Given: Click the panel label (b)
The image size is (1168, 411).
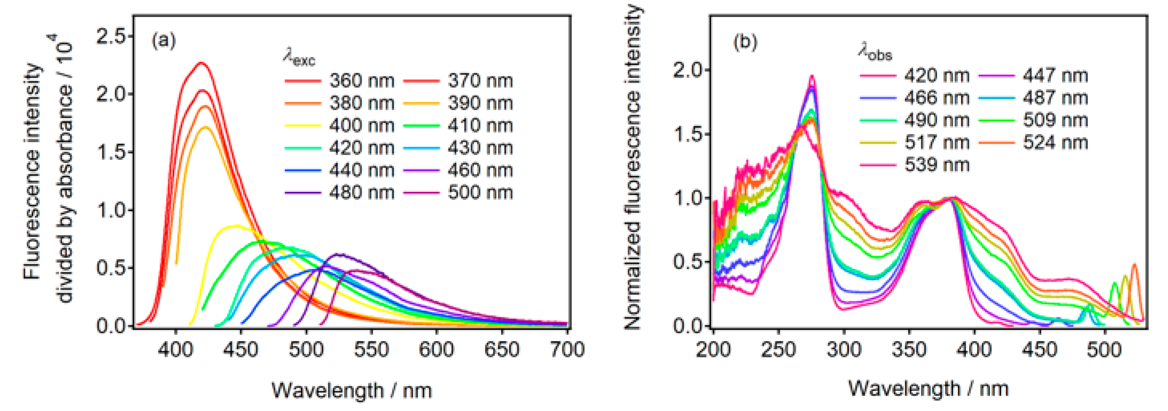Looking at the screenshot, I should pyautogui.click(x=745, y=42).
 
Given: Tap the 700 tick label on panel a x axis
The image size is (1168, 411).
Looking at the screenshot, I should pyautogui.click(x=567, y=349).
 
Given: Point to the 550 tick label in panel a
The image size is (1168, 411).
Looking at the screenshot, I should pyautogui.click(x=371, y=349).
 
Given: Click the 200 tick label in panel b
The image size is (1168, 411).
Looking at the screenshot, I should pyautogui.click(x=713, y=349).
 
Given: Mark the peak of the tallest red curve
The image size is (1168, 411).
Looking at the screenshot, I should pyautogui.click(x=201, y=62).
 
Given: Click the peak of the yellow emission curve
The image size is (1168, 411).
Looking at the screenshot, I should pyautogui.click(x=236, y=225).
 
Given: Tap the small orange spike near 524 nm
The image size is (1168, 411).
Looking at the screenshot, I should pyautogui.click(x=1134, y=265).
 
